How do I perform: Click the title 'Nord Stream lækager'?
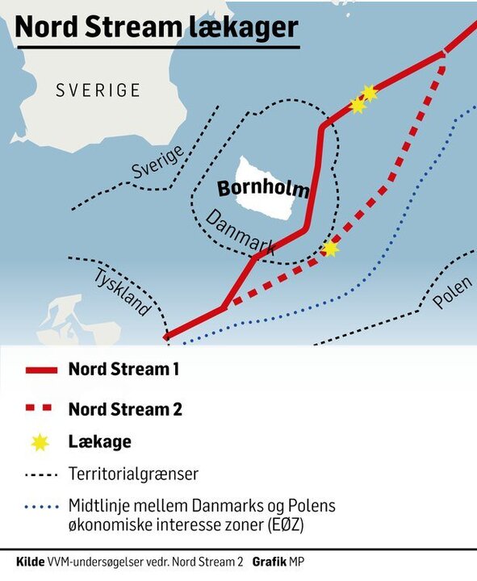pos(157,27)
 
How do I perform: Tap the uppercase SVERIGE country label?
pos(98,90)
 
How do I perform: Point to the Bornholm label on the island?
pos(263,190)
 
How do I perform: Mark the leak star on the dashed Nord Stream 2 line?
pos(329,249)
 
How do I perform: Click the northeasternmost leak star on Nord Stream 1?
pos(370,93)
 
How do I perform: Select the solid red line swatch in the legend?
pos(41,370)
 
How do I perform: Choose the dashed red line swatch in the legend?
pos(41,409)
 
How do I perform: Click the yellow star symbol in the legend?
pos(41,442)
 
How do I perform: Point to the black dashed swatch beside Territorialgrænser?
pos(41,474)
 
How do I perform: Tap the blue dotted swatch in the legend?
pos(41,507)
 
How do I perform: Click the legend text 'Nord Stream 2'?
pos(125,409)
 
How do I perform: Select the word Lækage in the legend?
pos(99,442)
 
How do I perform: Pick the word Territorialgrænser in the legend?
pos(133,474)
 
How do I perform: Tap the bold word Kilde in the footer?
pos(31,561)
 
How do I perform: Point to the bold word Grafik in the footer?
pos(271,561)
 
